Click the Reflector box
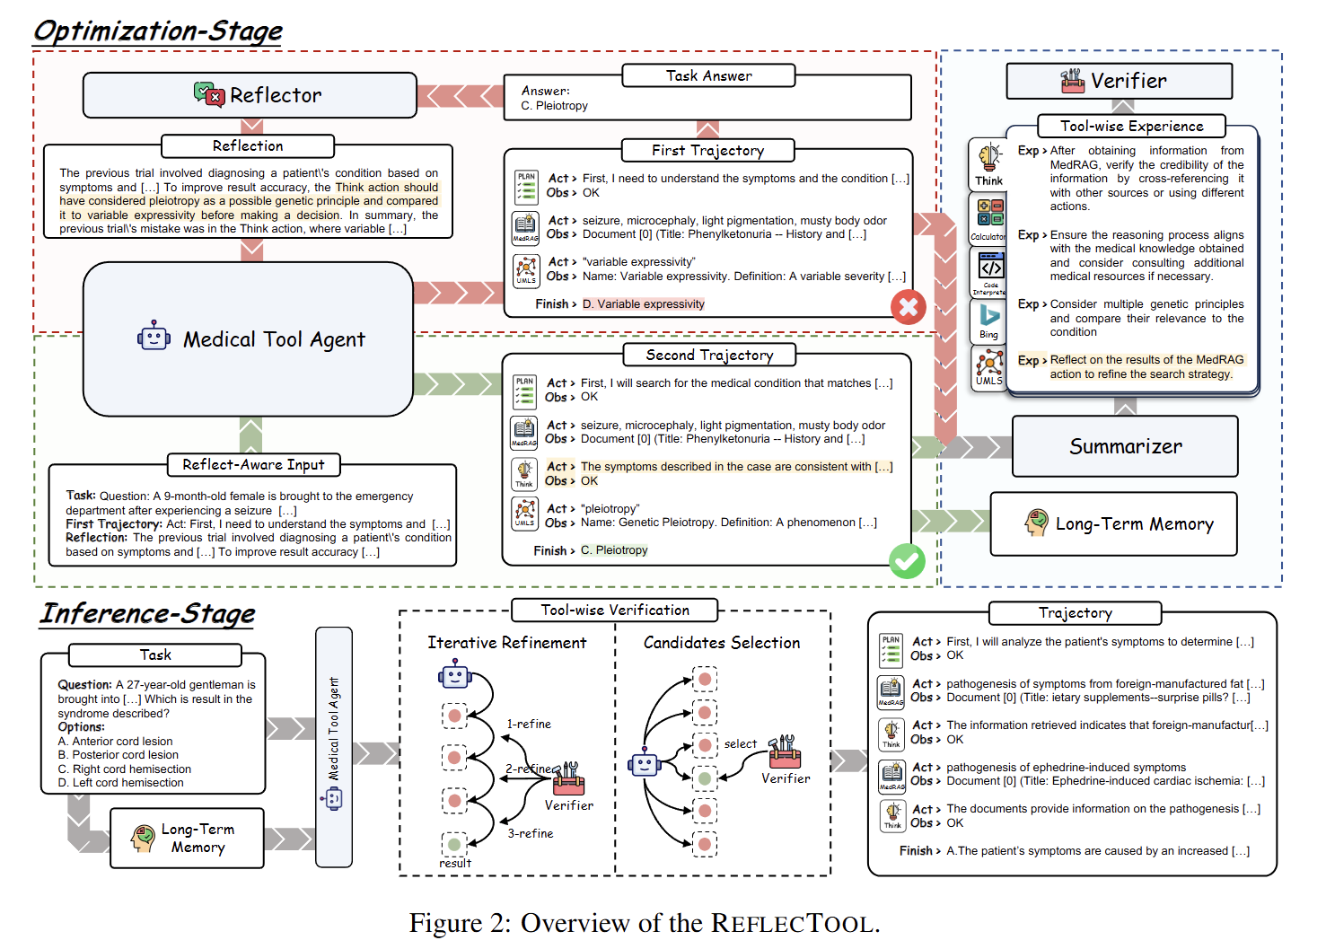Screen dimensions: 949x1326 click(x=250, y=95)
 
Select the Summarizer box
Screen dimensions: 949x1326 click(x=1125, y=446)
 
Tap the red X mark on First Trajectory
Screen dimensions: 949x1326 click(x=909, y=307)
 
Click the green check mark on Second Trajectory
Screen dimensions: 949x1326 click(x=907, y=562)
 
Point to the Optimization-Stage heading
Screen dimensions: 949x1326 click(x=158, y=31)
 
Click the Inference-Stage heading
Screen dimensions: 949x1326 click(x=147, y=613)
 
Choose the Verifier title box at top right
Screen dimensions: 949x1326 click(x=1119, y=81)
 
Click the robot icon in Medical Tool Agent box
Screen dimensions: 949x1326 click(x=154, y=337)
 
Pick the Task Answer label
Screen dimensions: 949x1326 click(x=708, y=76)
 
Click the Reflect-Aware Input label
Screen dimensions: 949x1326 click(x=253, y=464)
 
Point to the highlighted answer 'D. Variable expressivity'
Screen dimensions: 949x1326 click(x=643, y=304)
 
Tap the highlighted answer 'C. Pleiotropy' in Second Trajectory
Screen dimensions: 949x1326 click(x=614, y=550)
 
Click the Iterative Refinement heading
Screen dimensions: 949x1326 click(x=506, y=643)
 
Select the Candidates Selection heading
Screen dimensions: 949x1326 click(x=722, y=643)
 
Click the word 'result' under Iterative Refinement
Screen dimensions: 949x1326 click(x=455, y=863)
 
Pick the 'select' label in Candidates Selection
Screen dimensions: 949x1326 click(x=741, y=743)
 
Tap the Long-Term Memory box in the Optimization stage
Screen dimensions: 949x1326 click(x=1114, y=523)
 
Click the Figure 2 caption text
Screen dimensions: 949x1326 click(x=645, y=923)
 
